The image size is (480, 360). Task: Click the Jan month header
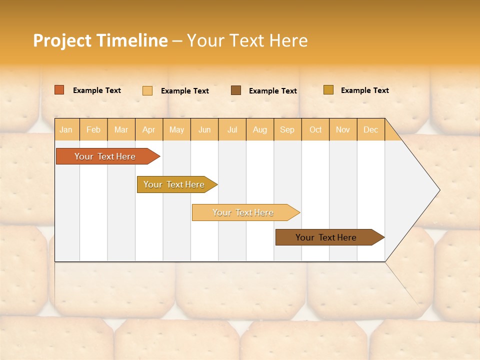[66, 130]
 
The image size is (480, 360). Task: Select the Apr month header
[148, 130]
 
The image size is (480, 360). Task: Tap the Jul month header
[232, 130]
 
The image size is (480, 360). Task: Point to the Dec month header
[370, 130]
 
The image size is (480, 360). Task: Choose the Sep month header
[287, 130]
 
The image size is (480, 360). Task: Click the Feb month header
[93, 130]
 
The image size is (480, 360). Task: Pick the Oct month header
[315, 130]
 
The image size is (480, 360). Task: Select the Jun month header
[204, 130]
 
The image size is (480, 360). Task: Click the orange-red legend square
[59, 90]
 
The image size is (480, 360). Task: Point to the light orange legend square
[147, 90]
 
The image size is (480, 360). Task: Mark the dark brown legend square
[236, 90]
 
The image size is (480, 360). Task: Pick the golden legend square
[328, 90]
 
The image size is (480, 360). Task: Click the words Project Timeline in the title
[100, 40]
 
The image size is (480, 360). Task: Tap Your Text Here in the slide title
[247, 40]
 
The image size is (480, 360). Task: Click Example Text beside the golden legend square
[364, 90]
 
